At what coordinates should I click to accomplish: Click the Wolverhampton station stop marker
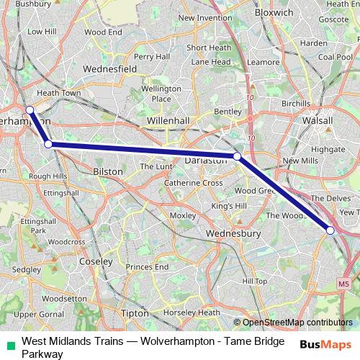point(30,109)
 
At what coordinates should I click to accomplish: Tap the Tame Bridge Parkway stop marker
point(330,230)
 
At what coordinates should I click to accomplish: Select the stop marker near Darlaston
point(237,156)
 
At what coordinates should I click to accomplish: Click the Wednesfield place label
point(110,69)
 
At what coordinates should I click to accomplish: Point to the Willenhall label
point(167,120)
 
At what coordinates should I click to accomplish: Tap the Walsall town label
point(317,120)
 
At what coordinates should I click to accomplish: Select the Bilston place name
point(108,172)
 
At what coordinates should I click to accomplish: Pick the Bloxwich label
point(273,13)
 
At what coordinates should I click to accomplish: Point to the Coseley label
point(96,261)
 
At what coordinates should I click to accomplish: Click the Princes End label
point(147,267)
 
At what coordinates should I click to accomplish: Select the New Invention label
point(205,18)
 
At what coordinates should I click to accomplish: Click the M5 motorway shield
point(343,284)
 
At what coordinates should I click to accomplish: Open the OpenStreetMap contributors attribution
point(297,323)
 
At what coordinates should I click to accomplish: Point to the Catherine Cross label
point(193,183)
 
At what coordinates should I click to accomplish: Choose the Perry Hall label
point(151,56)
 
